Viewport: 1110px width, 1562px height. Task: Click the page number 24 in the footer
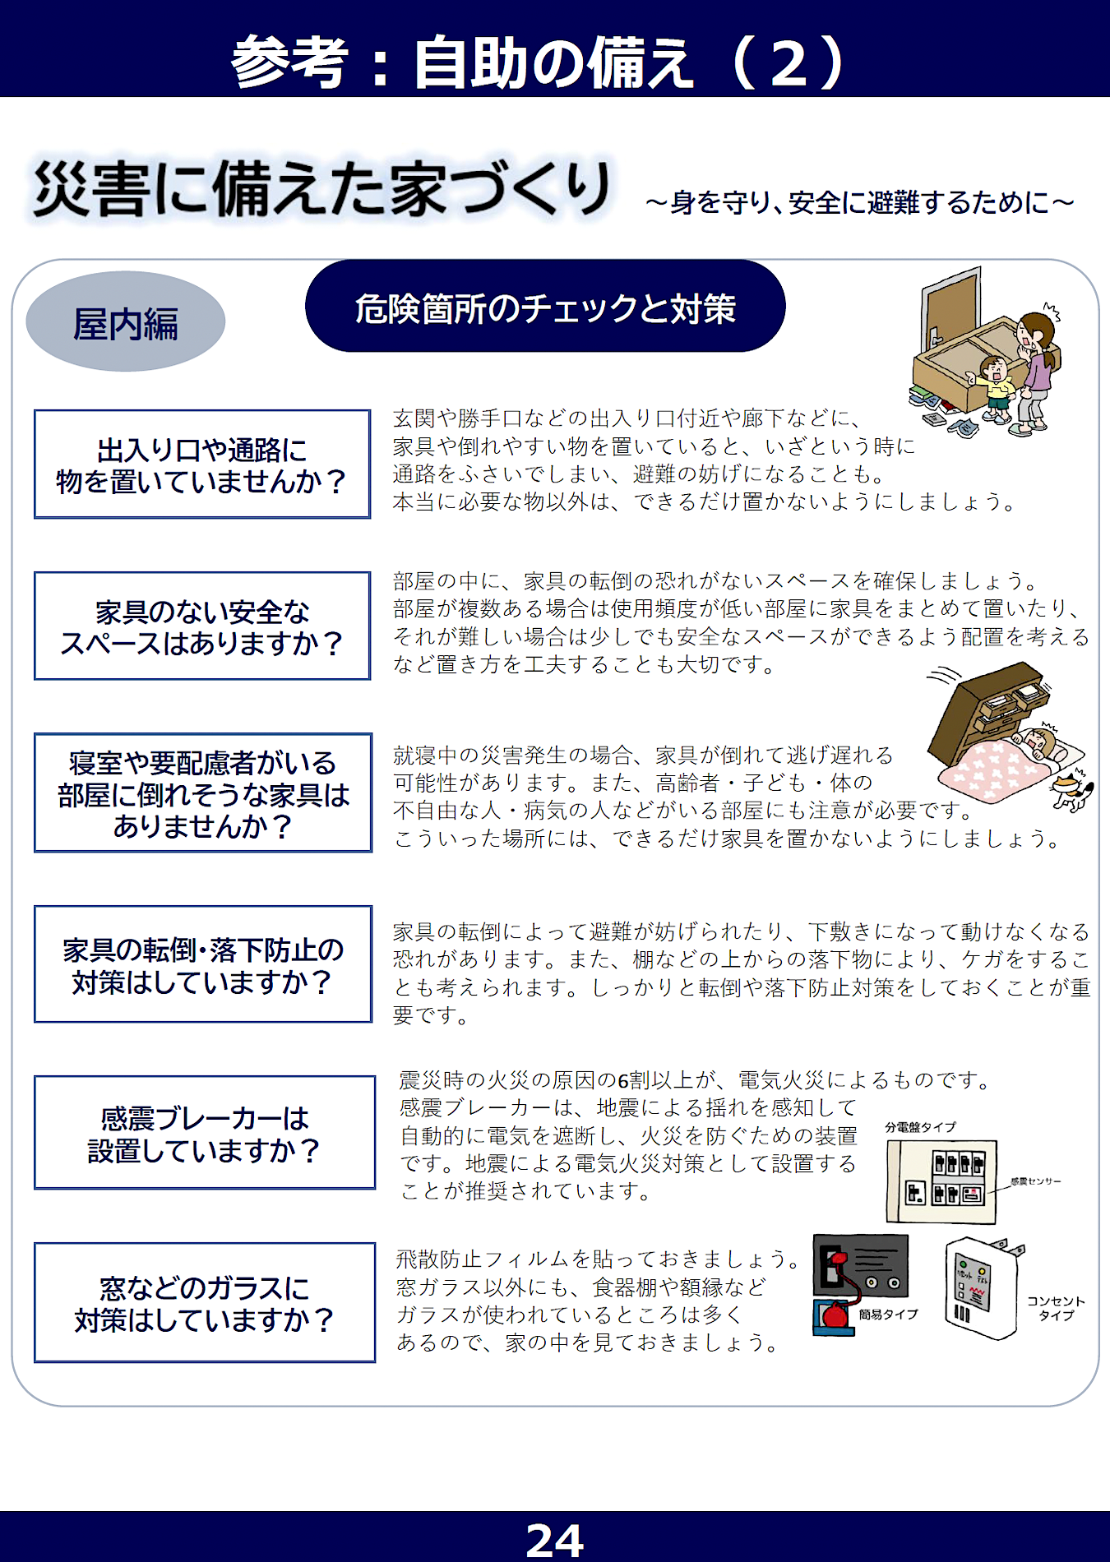554,1539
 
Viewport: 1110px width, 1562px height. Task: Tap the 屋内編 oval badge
126,321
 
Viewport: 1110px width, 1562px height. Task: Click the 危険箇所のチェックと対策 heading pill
545,307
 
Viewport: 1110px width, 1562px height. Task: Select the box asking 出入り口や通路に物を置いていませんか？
202,464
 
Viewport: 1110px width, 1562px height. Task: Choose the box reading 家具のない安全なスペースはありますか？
202,626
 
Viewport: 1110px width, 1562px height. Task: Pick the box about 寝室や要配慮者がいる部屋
203,793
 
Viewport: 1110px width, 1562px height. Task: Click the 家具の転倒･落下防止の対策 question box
203,964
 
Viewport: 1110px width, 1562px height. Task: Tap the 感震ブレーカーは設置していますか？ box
205,1133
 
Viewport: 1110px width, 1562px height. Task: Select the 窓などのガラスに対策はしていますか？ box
205,1303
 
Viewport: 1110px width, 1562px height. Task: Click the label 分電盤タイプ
921,1127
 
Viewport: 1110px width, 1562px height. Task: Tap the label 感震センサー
1036,1181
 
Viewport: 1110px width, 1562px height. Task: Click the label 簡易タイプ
889,1315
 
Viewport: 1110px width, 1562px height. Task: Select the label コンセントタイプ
1057,1308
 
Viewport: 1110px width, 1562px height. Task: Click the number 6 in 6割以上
622,1080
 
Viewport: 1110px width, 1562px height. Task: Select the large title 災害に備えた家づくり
321,189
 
